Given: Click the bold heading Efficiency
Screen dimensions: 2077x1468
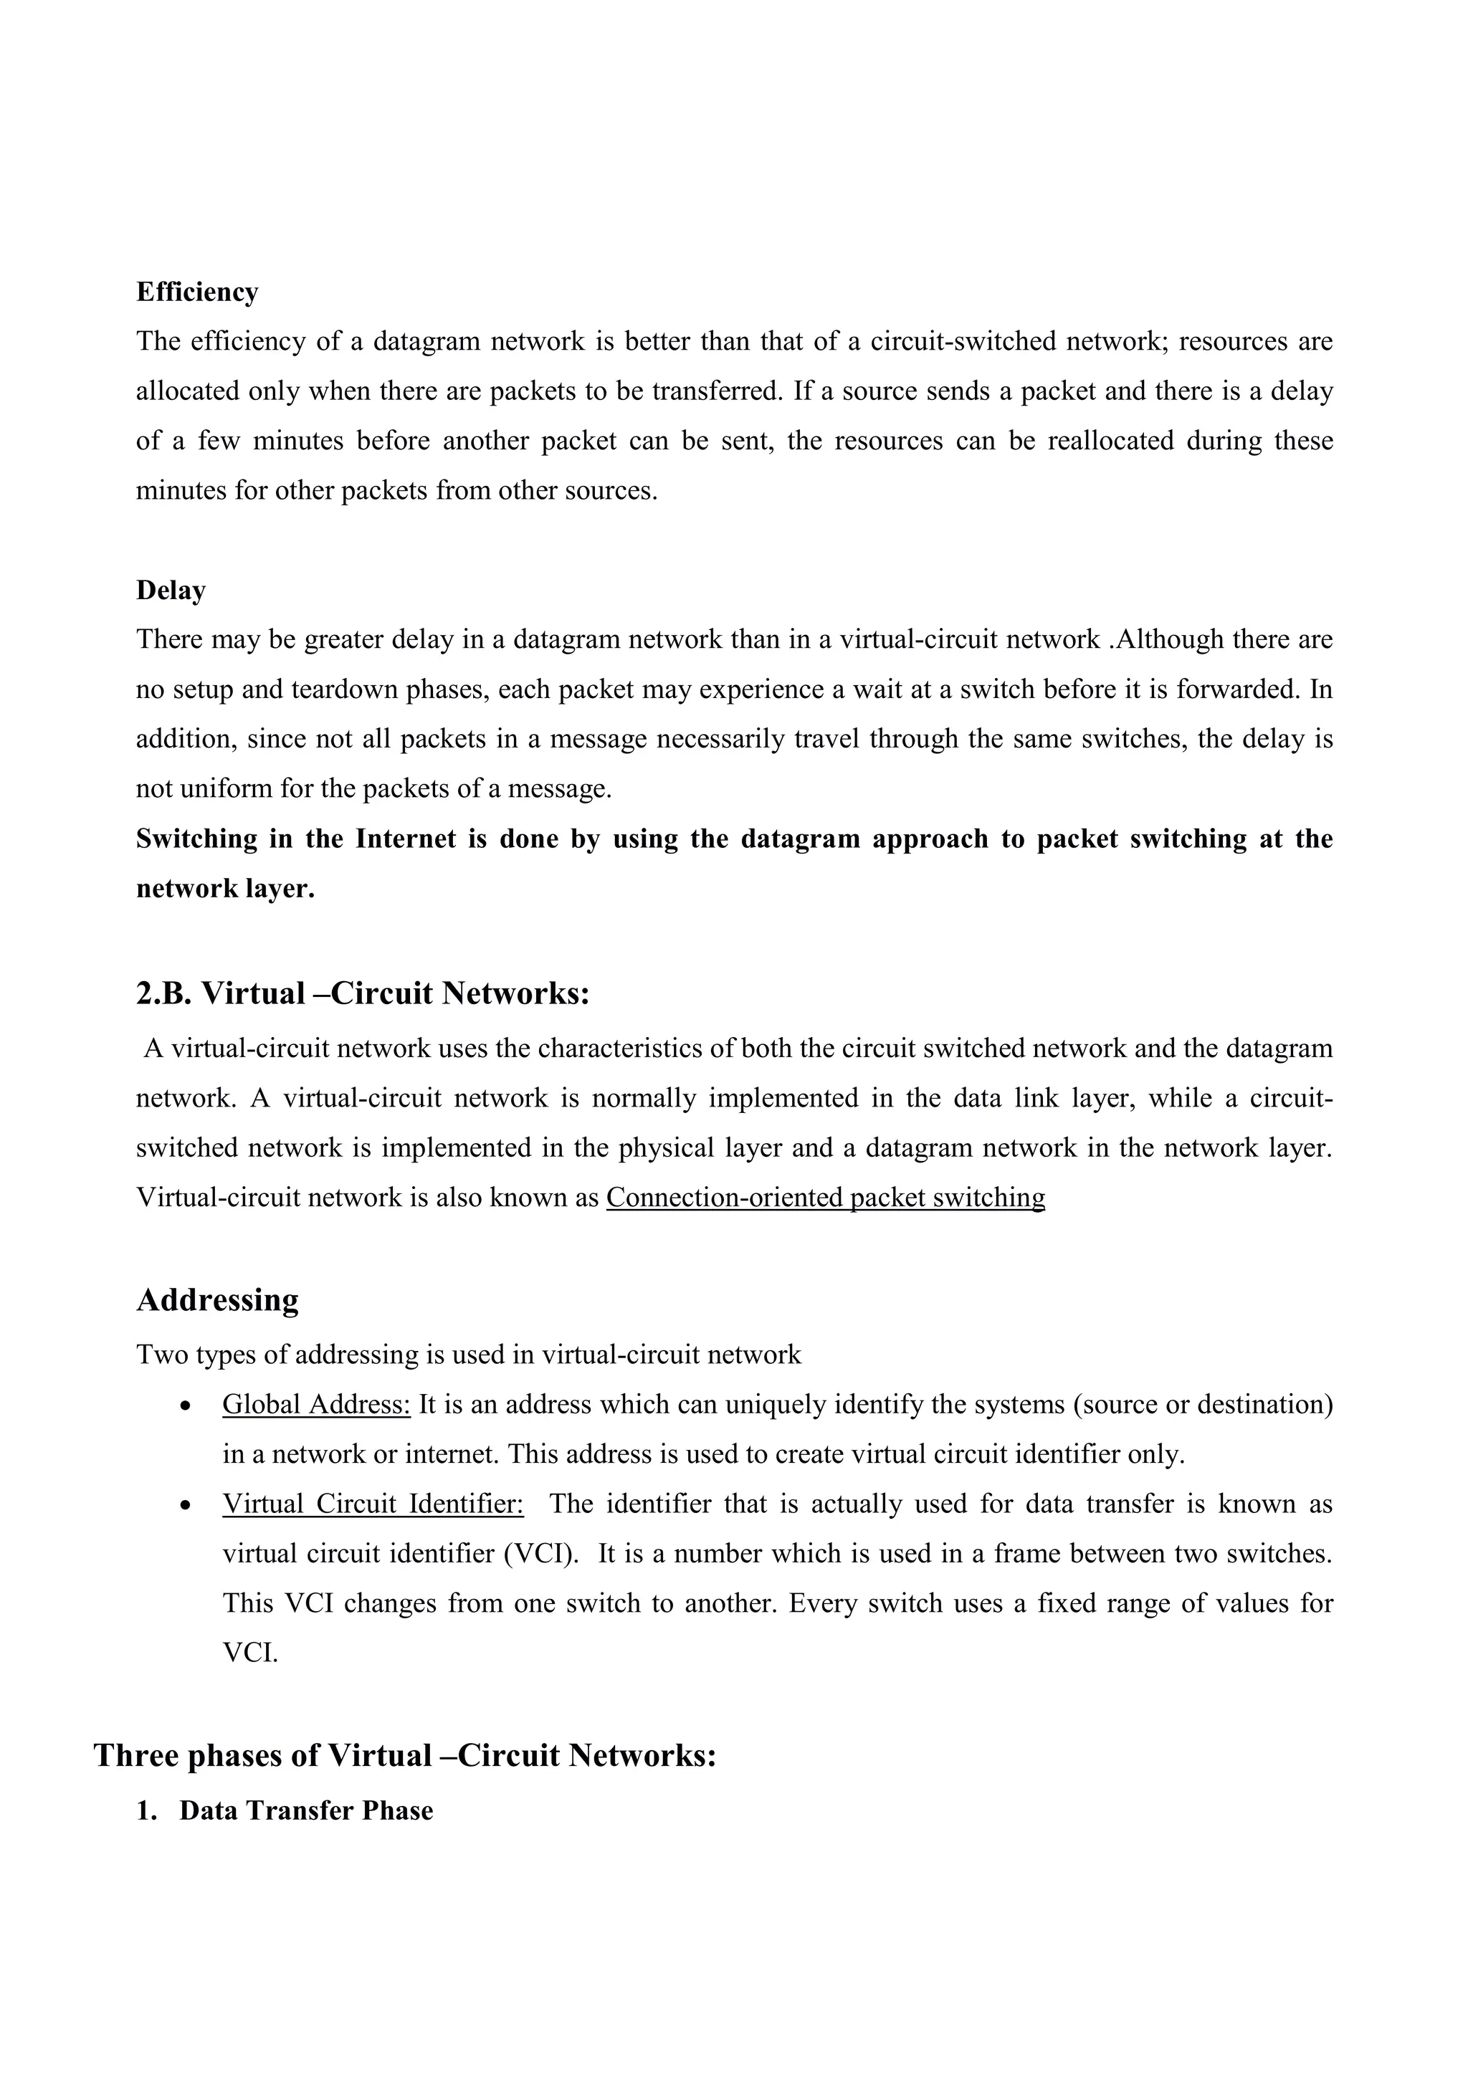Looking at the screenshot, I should point(197,292).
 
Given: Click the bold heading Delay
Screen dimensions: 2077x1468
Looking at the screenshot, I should point(171,591).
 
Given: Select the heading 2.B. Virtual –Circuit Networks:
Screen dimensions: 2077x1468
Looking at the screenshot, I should point(363,993).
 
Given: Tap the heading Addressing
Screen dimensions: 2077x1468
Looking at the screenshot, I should point(217,1300).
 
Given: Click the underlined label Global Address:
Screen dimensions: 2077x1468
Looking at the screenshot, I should point(317,1404).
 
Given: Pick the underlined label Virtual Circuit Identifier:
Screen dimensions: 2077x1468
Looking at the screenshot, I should point(373,1504).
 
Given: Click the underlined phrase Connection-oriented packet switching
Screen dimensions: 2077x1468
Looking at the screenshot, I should point(825,1197).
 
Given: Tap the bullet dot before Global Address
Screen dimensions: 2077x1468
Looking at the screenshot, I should point(186,1407).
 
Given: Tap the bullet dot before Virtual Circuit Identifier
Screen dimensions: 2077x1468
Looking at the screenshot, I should point(186,1507).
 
